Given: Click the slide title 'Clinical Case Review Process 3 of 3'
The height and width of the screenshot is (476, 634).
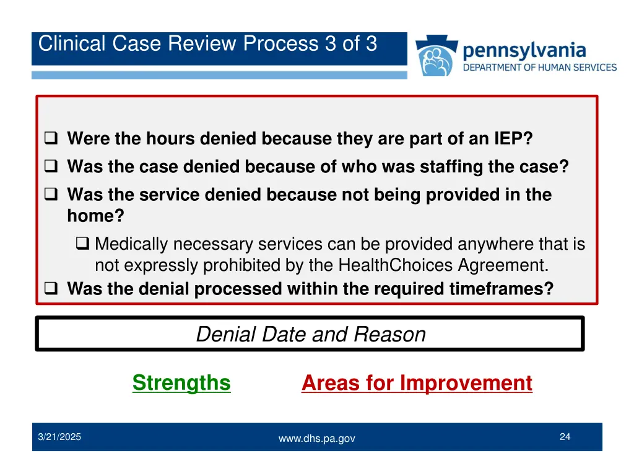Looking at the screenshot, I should tap(207, 44).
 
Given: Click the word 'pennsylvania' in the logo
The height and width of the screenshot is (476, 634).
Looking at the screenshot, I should tap(524, 50).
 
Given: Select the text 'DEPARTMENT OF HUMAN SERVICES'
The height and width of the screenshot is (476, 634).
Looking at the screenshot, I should tap(540, 67).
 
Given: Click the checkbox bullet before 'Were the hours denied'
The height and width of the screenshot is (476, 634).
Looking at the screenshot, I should tap(51, 138).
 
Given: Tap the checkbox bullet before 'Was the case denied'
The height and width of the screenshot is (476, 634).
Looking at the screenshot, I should tap(51, 167).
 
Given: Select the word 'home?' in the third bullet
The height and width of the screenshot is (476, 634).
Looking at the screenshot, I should tap(95, 216).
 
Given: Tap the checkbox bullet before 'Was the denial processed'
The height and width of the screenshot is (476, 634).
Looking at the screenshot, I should tap(51, 289).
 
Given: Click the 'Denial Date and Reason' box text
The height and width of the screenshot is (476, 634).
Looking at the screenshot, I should tap(310, 335).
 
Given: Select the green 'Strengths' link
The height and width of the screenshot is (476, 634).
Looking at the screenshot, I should tap(181, 383).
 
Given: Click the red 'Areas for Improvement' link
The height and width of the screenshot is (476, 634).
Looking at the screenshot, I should tap(417, 383).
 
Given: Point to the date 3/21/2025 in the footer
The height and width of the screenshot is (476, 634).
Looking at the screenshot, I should tap(59, 437).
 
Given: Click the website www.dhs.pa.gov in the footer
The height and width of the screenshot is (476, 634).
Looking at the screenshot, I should tap(316, 438).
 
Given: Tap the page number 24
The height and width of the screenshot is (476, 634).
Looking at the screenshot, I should tap(565, 437).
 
